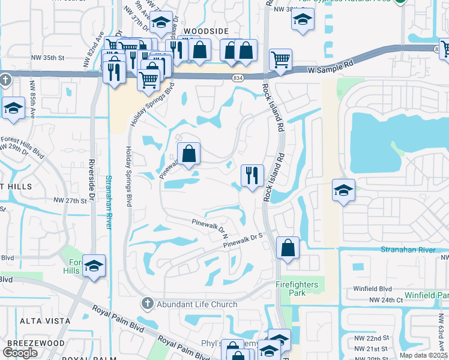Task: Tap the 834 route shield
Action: click(x=239, y=78)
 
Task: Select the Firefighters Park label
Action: click(x=299, y=288)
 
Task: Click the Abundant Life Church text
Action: click(x=197, y=304)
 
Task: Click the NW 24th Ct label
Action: click(x=385, y=299)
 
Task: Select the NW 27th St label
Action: click(x=70, y=200)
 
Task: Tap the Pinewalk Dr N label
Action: click(x=208, y=226)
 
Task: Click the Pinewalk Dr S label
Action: click(x=244, y=241)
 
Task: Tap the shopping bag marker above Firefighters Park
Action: click(x=288, y=248)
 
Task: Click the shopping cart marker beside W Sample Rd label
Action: click(x=280, y=60)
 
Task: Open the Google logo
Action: click(x=20, y=353)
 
